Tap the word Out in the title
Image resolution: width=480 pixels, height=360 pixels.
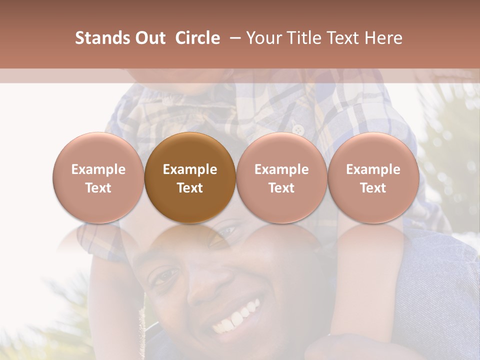click(x=150, y=38)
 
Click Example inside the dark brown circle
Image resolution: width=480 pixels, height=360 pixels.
click(x=190, y=169)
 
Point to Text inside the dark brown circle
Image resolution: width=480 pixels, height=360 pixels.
click(x=190, y=188)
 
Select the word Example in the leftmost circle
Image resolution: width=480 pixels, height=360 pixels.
click(x=98, y=169)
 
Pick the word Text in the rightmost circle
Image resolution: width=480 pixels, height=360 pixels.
click(x=373, y=188)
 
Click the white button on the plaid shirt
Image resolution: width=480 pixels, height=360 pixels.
click(x=298, y=129)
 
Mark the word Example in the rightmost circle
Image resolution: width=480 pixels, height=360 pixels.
click(x=373, y=169)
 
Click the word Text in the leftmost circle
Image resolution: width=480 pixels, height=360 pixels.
click(x=98, y=188)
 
